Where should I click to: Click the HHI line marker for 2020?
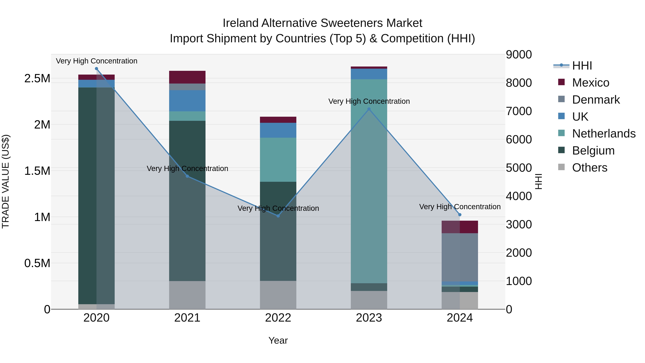(96, 69)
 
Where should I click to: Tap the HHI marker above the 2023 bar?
(369, 109)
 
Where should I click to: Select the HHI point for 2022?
(278, 216)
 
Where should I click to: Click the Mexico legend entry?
(590, 83)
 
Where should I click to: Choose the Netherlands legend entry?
(603, 134)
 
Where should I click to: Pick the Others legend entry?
(589, 168)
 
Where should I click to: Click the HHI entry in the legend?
(582, 66)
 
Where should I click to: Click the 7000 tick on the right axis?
(519, 111)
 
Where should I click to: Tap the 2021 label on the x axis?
(187, 318)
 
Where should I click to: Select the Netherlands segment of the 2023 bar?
(369, 180)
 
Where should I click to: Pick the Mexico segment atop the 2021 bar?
(187, 77)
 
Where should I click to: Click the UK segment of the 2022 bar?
(278, 130)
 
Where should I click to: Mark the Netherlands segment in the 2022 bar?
(278, 160)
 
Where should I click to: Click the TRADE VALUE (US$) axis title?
(6, 181)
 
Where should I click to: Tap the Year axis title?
(278, 340)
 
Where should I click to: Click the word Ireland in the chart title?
(240, 23)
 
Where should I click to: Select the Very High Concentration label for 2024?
(460, 207)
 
